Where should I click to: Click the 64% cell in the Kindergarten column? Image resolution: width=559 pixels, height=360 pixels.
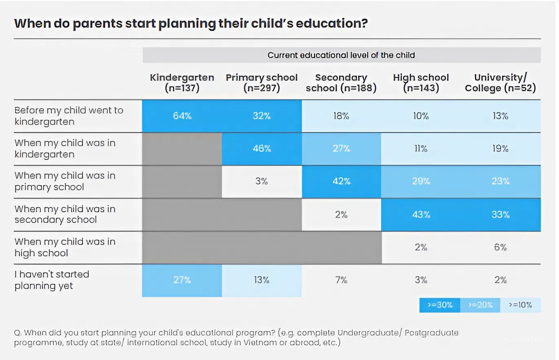(182, 116)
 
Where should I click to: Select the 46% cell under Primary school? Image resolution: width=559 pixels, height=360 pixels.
(262, 149)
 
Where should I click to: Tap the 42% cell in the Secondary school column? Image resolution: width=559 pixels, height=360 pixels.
(341, 182)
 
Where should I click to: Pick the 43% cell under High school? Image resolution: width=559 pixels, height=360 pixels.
(421, 214)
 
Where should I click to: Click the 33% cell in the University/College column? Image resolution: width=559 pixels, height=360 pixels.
(500, 214)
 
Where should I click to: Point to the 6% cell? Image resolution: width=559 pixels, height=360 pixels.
(500, 247)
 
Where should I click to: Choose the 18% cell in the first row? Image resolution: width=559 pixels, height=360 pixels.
(341, 116)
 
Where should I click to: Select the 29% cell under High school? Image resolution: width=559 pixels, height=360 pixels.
(421, 182)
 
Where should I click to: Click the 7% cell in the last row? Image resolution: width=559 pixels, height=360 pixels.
(341, 280)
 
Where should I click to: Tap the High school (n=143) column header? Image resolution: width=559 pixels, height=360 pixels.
(421, 83)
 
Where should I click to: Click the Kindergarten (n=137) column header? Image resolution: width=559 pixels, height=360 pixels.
(182, 83)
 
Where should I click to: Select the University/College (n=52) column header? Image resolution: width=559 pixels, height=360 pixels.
(500, 83)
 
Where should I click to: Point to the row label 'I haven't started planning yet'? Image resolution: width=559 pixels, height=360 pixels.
(52, 280)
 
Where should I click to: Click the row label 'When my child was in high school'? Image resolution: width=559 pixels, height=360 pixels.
(65, 247)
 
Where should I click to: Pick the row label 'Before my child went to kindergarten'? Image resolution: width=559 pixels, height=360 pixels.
(69, 116)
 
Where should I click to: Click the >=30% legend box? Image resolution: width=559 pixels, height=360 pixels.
(439, 305)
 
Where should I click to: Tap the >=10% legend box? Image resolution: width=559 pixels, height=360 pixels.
(520, 305)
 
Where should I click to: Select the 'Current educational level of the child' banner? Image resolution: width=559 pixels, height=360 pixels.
(341, 55)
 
